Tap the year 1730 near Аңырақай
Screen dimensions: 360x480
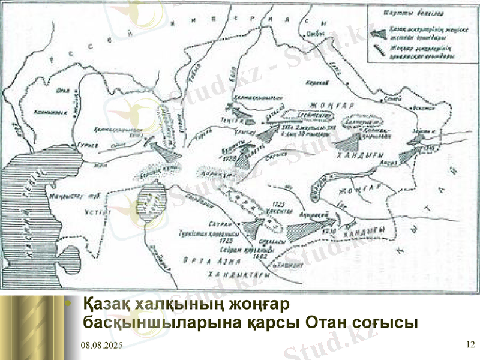point(326,232)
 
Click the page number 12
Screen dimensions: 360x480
point(470,344)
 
